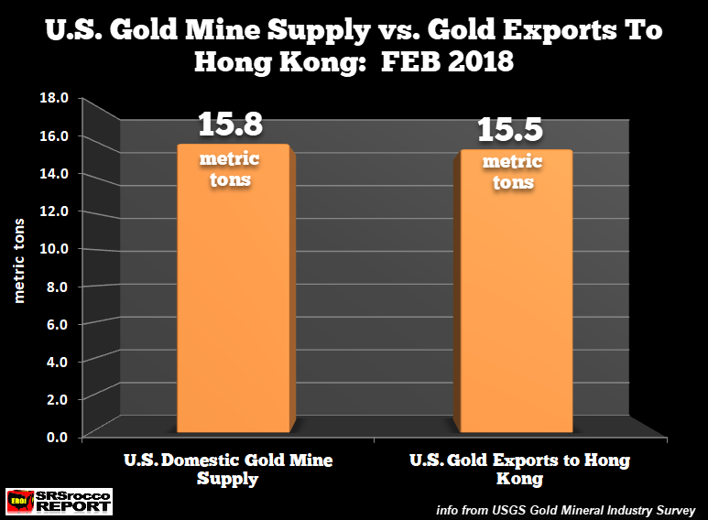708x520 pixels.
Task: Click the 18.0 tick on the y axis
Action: tap(58, 98)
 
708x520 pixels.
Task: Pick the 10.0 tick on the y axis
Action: tap(58, 248)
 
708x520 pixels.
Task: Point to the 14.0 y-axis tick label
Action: tap(58, 173)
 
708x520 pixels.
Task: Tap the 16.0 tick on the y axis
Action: tap(58, 135)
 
